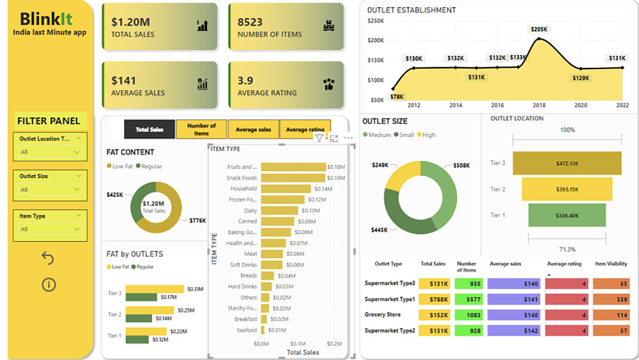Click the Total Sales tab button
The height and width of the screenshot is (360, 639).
(x=149, y=129)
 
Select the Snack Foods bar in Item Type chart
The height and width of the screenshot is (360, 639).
(x=293, y=178)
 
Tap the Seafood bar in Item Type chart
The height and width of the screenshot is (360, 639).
(x=265, y=330)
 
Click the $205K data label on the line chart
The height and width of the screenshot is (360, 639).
(x=539, y=29)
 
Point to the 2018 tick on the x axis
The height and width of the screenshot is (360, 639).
(x=539, y=106)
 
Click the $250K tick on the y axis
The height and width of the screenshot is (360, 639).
(x=375, y=20)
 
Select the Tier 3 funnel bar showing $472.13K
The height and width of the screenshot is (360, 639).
(x=567, y=163)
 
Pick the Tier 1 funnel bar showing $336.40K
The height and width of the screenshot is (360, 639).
(x=567, y=215)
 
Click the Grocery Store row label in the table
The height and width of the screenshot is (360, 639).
(x=383, y=315)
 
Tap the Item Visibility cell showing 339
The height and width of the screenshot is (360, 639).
(x=611, y=299)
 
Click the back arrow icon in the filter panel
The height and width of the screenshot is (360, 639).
(x=47, y=258)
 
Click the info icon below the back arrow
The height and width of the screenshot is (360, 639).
(x=49, y=285)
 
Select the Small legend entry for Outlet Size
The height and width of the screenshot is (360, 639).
(x=404, y=135)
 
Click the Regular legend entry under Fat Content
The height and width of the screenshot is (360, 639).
(x=150, y=166)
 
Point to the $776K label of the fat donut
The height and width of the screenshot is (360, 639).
(x=197, y=221)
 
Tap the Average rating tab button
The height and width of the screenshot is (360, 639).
(x=305, y=129)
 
